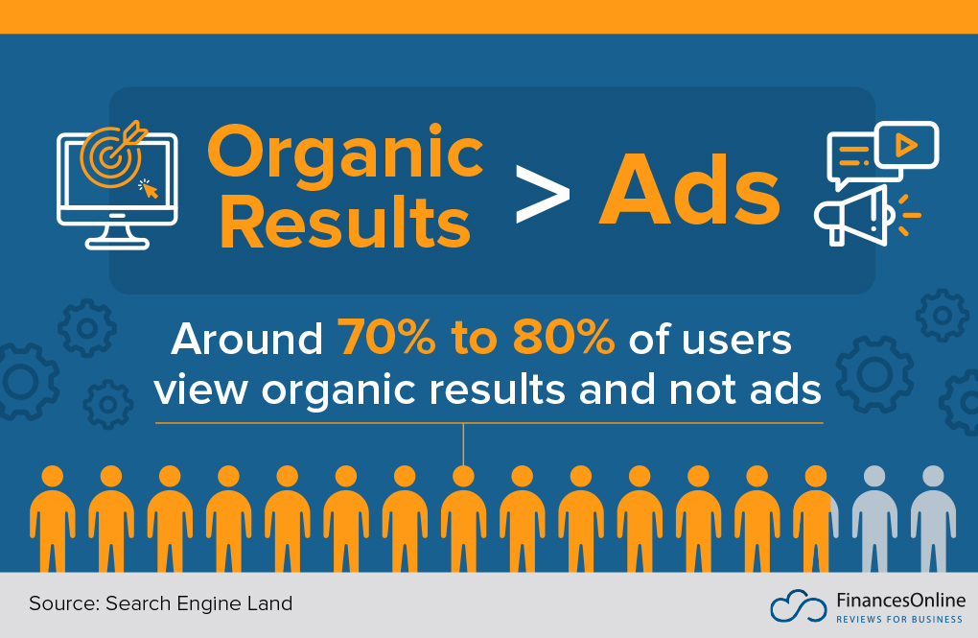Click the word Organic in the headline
coord(345,154)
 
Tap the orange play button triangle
coord(904,145)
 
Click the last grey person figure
coord(932,518)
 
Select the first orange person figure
coord(52,518)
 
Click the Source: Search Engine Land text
coord(160,603)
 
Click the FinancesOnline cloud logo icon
coord(798,605)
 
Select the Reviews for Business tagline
coord(899,620)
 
